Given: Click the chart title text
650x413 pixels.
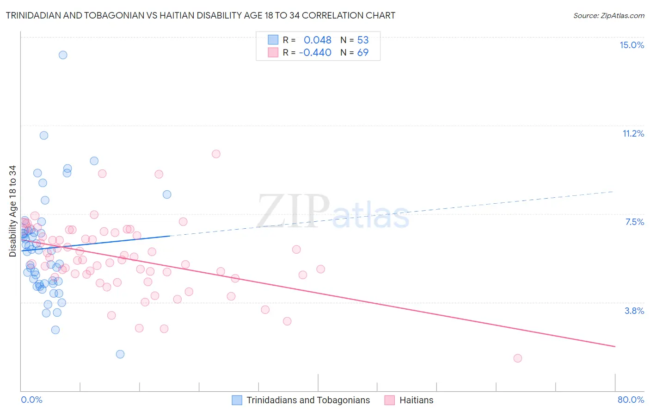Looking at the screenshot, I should click(201, 15).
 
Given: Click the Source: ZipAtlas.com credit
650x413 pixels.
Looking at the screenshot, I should click(608, 15).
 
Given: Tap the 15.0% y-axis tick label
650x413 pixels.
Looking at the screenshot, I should click(632, 45).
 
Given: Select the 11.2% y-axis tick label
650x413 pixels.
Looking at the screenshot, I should click(633, 133).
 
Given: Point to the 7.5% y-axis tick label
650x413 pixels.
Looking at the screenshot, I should click(634, 222).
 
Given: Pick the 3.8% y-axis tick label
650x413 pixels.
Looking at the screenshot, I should click(634, 311).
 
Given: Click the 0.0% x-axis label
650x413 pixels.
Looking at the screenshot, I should click(31, 400).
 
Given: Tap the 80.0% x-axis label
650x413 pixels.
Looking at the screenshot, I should click(631, 400).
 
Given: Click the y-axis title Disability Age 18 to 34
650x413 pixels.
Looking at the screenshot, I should click(12, 211).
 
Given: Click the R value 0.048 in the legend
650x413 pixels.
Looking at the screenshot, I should click(318, 40).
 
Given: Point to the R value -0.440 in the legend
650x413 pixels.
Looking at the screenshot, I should click(315, 52).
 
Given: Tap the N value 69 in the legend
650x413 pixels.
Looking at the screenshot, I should click(363, 52).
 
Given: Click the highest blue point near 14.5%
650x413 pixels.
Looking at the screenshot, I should click(63, 55).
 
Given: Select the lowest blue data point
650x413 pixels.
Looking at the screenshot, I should click(120, 354).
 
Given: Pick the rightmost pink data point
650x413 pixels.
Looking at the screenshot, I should click(518, 358).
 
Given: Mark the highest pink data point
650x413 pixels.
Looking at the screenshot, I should click(216, 154).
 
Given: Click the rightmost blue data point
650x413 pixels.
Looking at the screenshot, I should click(167, 194).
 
